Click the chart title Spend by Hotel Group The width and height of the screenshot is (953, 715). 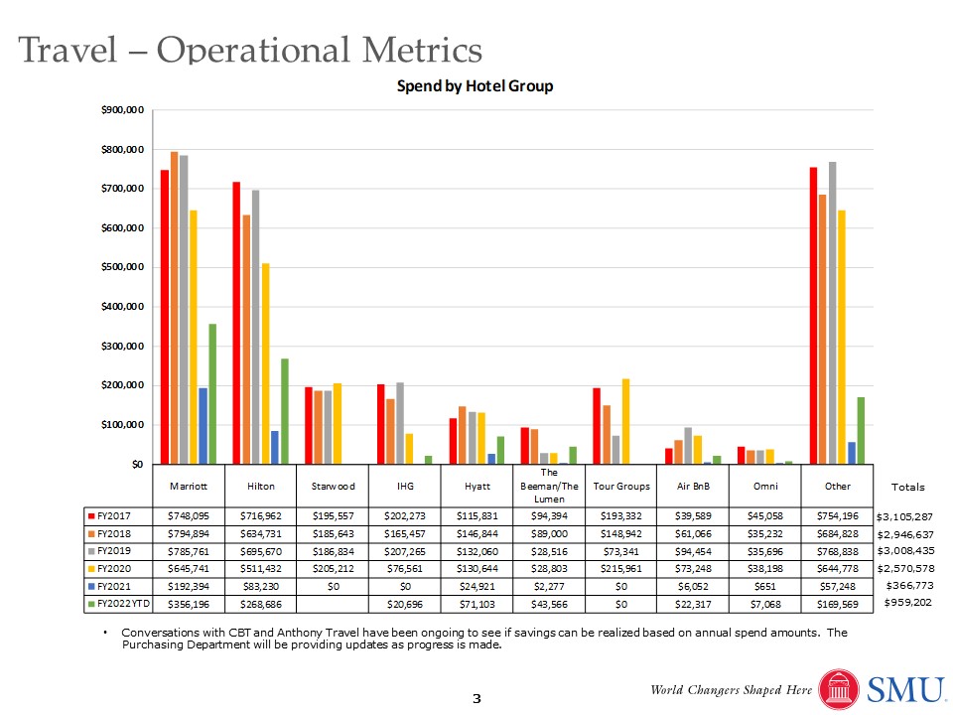click(475, 86)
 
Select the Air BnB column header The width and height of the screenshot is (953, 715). click(691, 487)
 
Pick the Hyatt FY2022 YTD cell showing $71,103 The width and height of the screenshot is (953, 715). click(476, 604)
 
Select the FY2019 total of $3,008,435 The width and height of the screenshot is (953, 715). click(905, 549)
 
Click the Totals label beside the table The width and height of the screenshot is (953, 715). click(907, 487)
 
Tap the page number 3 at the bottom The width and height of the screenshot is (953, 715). click(476, 699)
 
